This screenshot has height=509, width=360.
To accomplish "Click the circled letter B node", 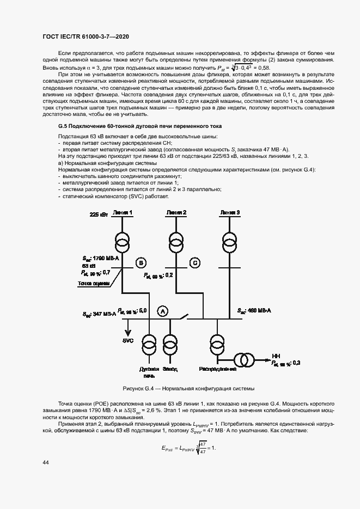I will (141, 263).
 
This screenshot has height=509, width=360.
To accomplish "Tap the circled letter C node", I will (194, 263).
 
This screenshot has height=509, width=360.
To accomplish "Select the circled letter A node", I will (162, 311).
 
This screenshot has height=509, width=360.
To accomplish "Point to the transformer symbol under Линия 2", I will (176, 241).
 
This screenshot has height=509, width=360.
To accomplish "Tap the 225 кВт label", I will (99, 215).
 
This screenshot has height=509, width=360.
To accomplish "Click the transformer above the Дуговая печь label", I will (149, 343).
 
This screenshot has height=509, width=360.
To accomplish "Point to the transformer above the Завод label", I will (170, 343).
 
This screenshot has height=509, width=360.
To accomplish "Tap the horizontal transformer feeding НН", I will (244, 360).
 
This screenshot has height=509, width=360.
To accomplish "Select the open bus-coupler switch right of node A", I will (185, 316).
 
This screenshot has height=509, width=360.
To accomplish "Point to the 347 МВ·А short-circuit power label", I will (100, 314).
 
